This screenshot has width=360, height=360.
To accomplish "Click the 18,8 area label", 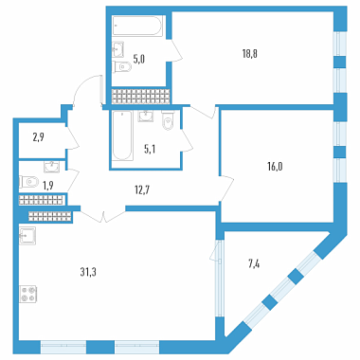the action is coord(250,54).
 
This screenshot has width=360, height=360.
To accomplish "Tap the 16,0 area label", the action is coord(275,167).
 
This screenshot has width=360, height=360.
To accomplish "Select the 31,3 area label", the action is coord(88,272).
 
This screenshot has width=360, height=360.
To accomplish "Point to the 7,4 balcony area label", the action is coord(254,264).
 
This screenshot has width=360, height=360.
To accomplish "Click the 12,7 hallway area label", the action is coord(142,190).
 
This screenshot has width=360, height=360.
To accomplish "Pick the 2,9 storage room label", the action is coord(38,138).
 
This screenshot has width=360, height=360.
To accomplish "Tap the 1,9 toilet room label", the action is coord(48,186).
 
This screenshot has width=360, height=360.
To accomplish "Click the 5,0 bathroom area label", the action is coord(138,60).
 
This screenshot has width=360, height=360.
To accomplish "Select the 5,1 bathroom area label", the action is coord(150,150).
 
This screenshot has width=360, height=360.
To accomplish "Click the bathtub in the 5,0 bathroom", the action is coord(137,27).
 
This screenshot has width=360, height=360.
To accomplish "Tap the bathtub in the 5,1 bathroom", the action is coord(122,135).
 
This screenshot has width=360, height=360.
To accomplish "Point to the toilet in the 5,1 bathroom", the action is coord(168,119).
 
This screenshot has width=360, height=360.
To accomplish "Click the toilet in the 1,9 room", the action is coord(28,182).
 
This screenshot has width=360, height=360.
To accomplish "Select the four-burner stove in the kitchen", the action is coord(28,294).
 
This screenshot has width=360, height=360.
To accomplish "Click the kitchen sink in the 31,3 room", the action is coord(27,235).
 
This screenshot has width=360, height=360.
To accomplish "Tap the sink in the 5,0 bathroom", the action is coord(118,49).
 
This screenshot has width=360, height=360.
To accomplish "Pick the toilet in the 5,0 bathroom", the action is coord(122,66).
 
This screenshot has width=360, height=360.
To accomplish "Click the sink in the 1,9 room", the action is coord(51,167).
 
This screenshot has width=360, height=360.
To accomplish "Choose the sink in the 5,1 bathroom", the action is coord(146,116).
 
